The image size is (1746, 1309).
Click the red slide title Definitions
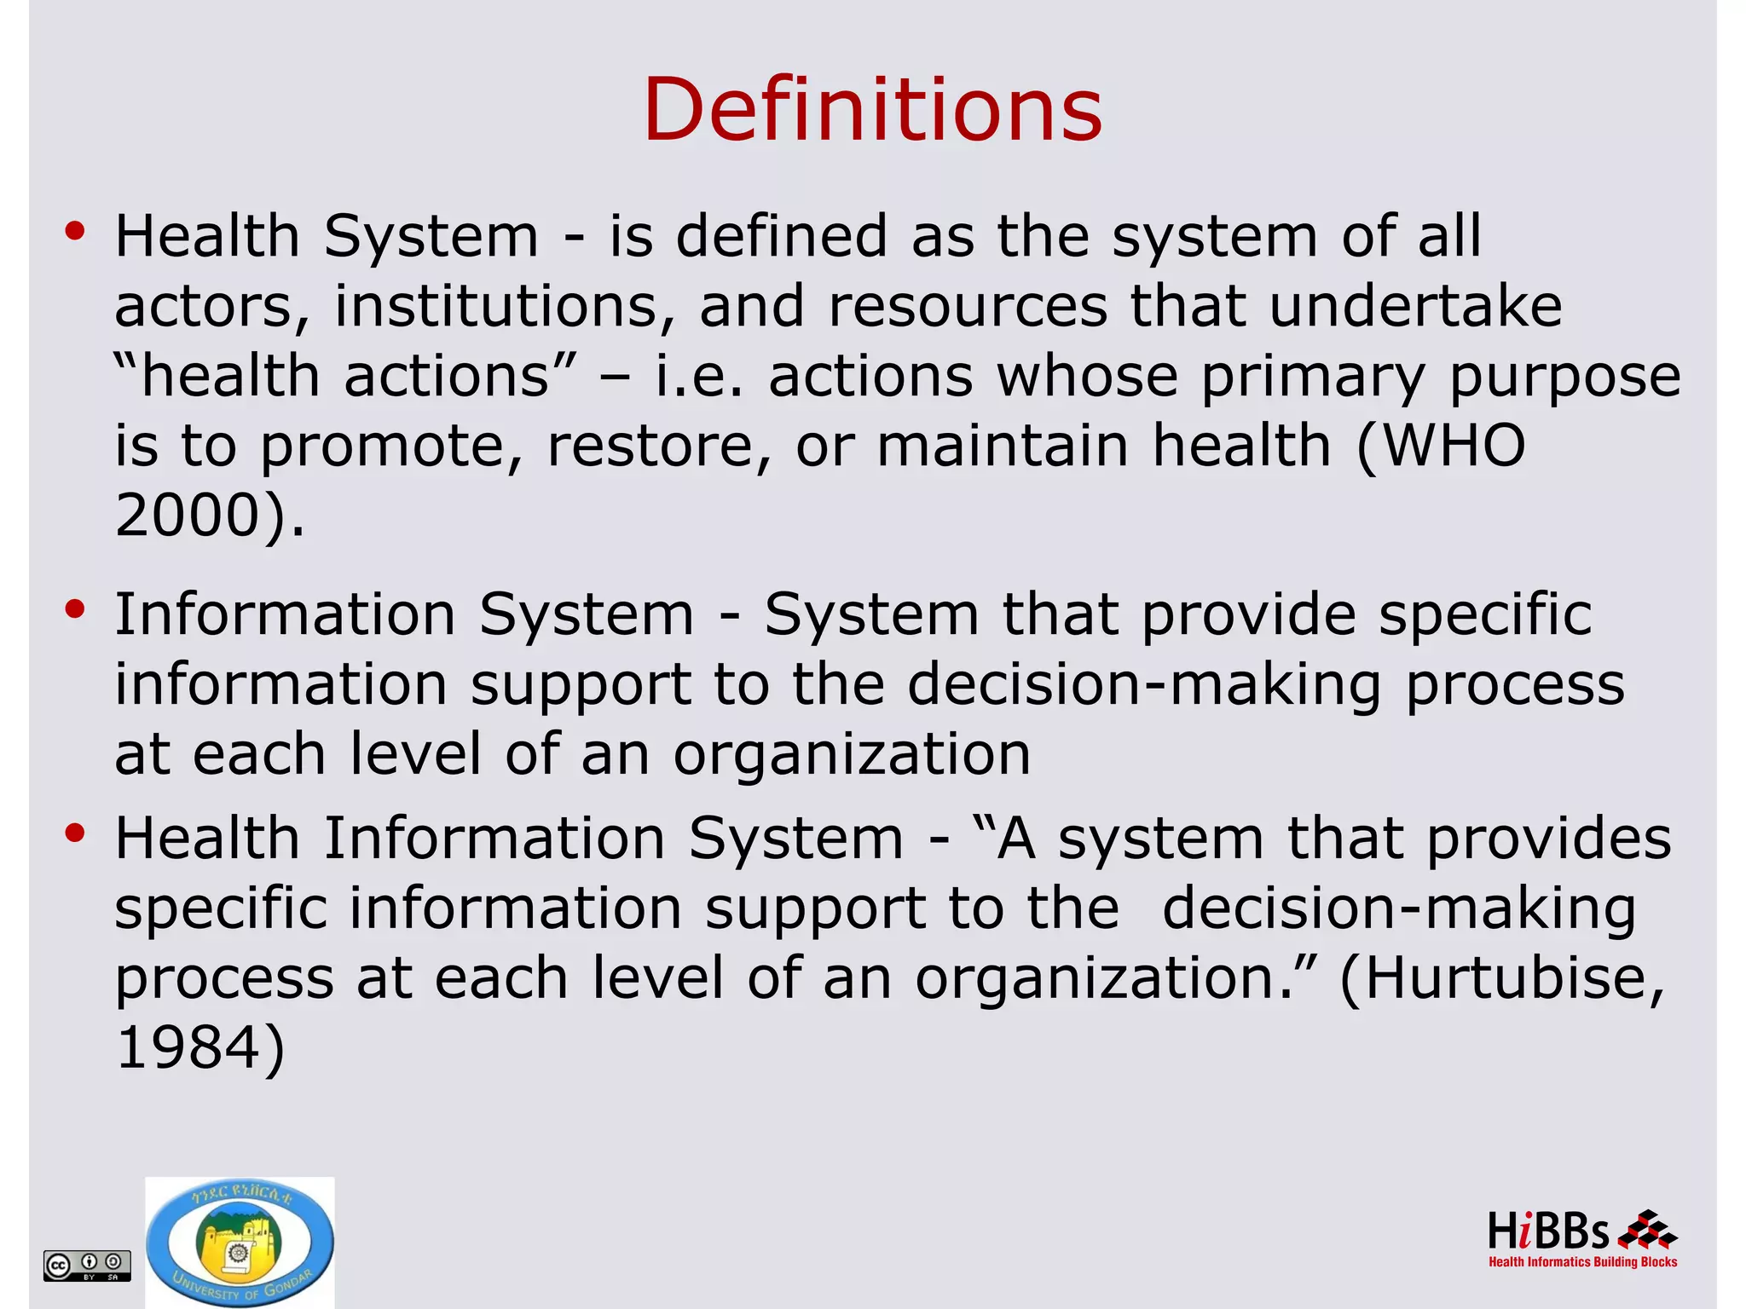pyautogui.click(x=872, y=111)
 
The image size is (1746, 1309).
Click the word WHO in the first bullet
pyautogui.click(x=1453, y=446)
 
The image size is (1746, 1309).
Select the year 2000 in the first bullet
pyautogui.click(x=188, y=516)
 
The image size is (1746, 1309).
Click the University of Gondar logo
pyautogui.click(x=240, y=1243)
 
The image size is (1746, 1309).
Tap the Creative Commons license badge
pyautogui.click(x=87, y=1265)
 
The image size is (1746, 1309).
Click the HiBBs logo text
pyautogui.click(x=1547, y=1232)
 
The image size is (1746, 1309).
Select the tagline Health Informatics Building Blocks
pyautogui.click(x=1582, y=1262)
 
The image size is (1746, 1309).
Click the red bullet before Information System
pyautogui.click(x=75, y=609)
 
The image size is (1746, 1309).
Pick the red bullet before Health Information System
pyautogui.click(x=75, y=833)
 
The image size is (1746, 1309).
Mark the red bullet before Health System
pyautogui.click(x=75, y=231)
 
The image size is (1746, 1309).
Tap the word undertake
pyautogui.click(x=1415, y=306)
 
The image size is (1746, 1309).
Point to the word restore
pyautogui.click(x=656, y=446)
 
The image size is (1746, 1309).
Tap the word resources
pyautogui.click(x=968, y=308)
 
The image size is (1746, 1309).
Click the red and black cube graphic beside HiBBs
pyautogui.click(x=1646, y=1230)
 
